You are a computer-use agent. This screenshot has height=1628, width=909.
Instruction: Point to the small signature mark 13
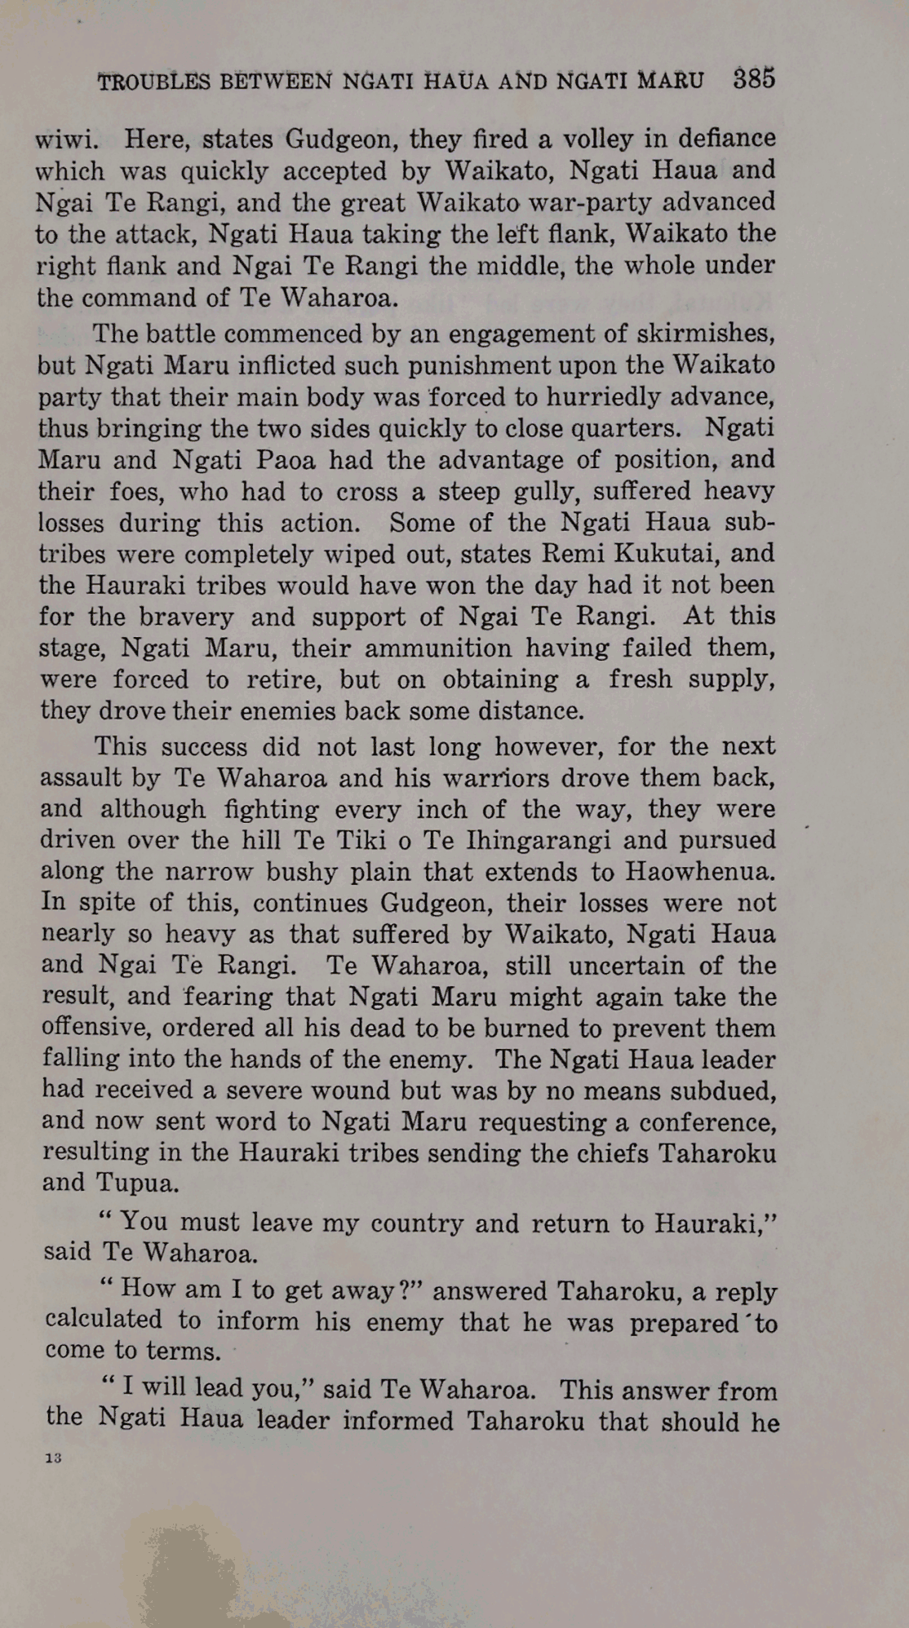(54, 1458)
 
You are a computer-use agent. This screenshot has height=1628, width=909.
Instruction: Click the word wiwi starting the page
(66, 139)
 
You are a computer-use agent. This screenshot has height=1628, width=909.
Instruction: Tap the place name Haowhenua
(699, 872)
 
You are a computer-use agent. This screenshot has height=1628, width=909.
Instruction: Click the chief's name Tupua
(137, 1183)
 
